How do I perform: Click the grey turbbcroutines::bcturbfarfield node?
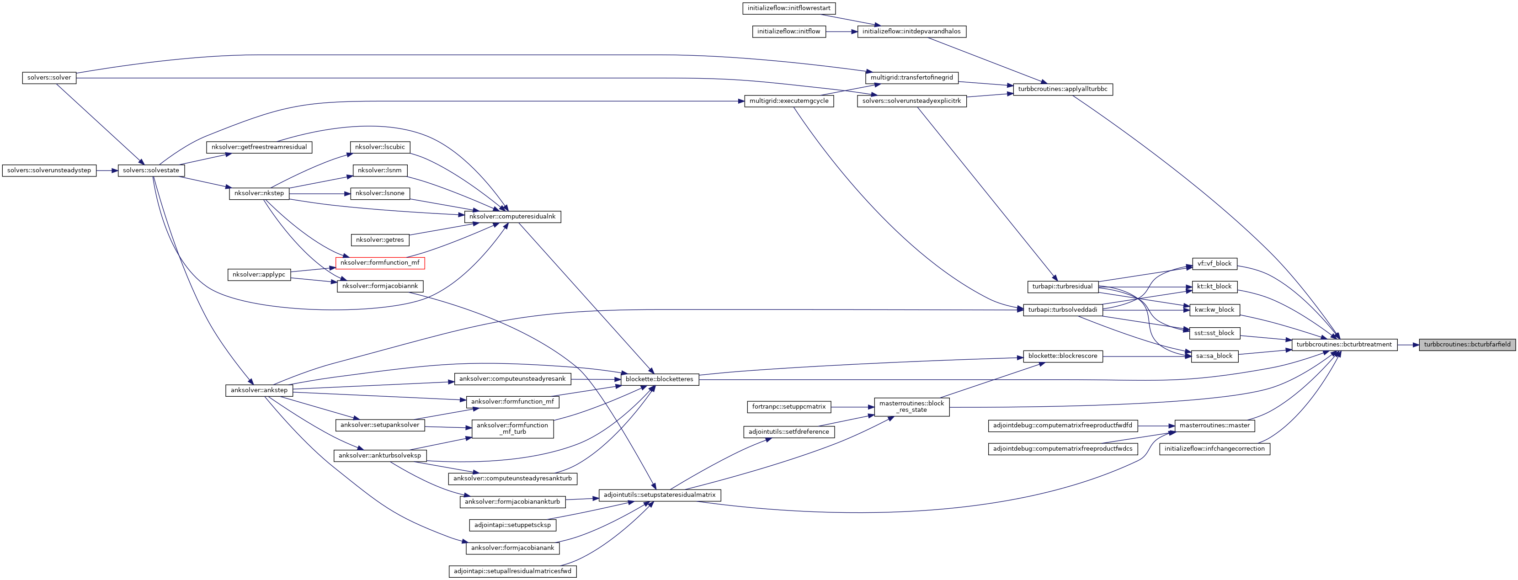pos(1467,345)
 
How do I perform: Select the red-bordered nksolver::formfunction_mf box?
pos(380,263)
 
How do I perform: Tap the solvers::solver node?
pos(49,78)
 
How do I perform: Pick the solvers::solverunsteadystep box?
pos(49,170)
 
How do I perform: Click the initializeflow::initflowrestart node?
pos(788,8)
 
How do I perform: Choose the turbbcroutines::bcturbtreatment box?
pos(1343,345)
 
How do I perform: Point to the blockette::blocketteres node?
pos(660,379)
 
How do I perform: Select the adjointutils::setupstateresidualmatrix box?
pos(660,495)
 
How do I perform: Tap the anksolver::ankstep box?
pos(259,390)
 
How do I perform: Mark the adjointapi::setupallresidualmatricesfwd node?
pos(512,571)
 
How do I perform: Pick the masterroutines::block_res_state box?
pos(911,407)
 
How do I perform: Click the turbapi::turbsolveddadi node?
pos(1062,310)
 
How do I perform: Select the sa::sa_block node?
pos(1214,356)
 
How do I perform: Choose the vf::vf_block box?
pos(1214,263)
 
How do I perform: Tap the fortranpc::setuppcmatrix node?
pos(788,407)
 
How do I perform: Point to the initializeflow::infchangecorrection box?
pos(1214,448)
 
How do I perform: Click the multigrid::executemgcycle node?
pos(788,101)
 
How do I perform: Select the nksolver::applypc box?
pos(259,275)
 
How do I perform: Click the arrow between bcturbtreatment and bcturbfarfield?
pos(1408,345)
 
